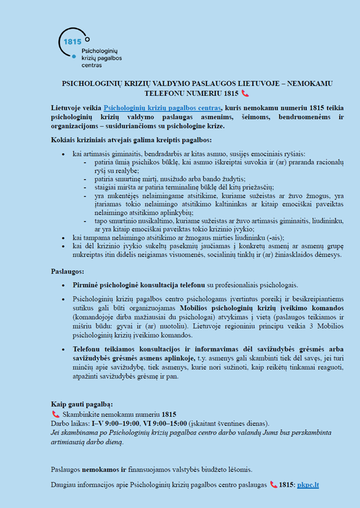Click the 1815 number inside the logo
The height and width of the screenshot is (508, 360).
[73, 41]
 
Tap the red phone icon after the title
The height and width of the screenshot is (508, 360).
[245, 93]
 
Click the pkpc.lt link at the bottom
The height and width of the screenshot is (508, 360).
[308, 484]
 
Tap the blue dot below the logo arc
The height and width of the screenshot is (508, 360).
[73, 57]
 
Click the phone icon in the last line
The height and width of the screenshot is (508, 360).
[274, 484]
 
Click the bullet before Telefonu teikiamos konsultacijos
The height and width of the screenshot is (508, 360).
[67, 349]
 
